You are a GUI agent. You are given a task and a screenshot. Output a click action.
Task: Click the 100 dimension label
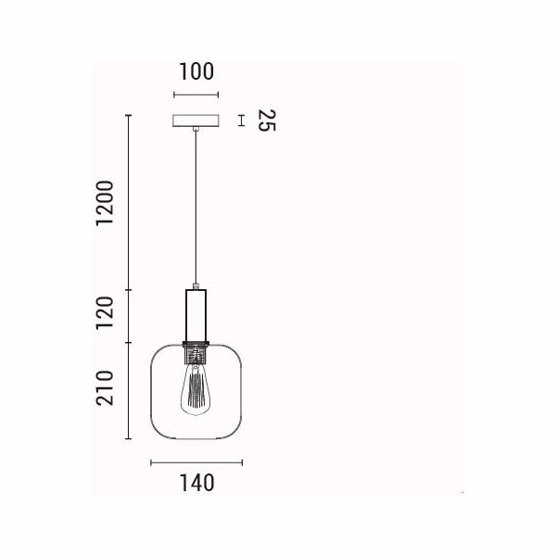(196, 71)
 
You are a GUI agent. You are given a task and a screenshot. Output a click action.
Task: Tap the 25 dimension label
(267, 120)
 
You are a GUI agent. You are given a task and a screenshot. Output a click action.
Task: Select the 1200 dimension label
(105, 203)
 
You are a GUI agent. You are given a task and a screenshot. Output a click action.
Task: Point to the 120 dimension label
(105, 313)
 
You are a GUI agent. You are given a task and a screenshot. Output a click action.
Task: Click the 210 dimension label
(105, 388)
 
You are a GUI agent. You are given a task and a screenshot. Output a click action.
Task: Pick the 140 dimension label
(197, 483)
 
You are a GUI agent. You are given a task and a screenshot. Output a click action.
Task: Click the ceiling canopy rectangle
(196, 120)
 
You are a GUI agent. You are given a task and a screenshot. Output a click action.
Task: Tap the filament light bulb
(195, 388)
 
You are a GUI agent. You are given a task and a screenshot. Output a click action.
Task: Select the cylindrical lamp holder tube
(196, 316)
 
